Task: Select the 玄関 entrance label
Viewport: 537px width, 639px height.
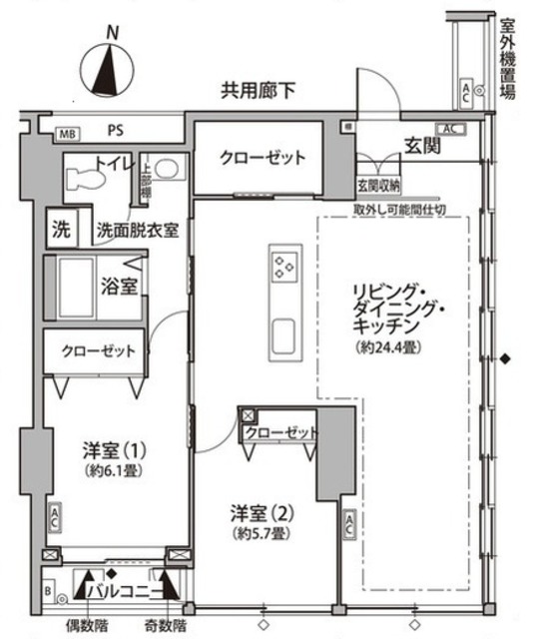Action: point(422,147)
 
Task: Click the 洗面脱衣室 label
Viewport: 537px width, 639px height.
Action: point(138,230)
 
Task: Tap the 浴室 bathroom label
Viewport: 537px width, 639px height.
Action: point(120,286)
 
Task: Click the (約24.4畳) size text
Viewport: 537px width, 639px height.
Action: point(386,347)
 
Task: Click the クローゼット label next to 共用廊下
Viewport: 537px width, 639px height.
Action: point(263,158)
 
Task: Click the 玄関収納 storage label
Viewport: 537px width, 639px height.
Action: point(377,186)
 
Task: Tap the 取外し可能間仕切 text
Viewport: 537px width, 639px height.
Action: point(399,210)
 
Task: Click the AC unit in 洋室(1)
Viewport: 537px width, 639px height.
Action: point(53,519)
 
